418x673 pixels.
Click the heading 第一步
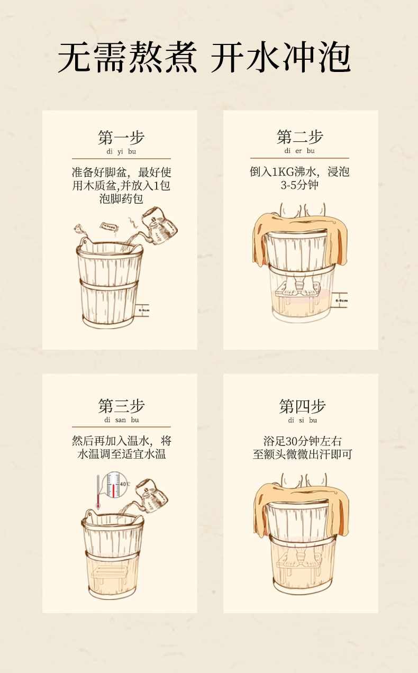[x=121, y=138]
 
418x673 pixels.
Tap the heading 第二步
[x=299, y=137]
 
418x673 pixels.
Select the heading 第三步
[x=121, y=406]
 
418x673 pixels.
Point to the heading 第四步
[x=302, y=406]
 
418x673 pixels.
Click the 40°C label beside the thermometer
[x=125, y=484]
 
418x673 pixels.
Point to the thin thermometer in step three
[x=98, y=492]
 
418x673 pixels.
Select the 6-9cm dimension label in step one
[x=144, y=310]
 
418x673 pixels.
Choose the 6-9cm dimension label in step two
[x=342, y=301]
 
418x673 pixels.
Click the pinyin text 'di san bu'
[x=121, y=420]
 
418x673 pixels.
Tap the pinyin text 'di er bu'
[x=299, y=151]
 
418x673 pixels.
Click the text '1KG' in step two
[x=283, y=172]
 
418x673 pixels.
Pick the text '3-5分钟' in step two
[x=299, y=185]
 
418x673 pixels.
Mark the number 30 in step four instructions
[x=291, y=441]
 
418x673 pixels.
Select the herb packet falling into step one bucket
[x=109, y=226]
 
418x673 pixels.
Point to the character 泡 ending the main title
[x=334, y=57]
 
